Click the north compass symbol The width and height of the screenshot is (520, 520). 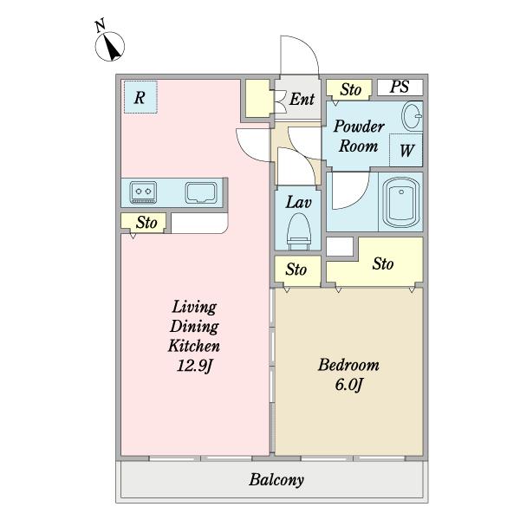tap(110, 47)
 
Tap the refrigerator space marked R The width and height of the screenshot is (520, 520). tap(140, 97)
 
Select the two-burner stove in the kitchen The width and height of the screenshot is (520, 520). tap(143, 192)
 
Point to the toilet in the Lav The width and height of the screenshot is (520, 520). tap(299, 231)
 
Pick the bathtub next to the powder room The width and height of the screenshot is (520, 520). tap(401, 202)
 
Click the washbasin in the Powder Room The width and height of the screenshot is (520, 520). tap(413, 116)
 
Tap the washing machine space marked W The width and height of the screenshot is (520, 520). tap(406, 150)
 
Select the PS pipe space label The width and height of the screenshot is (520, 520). tap(400, 87)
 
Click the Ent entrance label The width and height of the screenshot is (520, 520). tap(302, 99)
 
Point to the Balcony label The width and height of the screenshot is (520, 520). tap(276, 479)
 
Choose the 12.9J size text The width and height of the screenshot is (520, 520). tap(194, 366)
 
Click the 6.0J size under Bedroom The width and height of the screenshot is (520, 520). tap(348, 385)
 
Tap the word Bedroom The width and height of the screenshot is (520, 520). tap(348, 365)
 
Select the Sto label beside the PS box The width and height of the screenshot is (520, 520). tap(350, 89)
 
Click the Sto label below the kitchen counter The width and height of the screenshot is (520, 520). tap(146, 222)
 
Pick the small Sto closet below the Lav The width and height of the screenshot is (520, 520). tap(297, 270)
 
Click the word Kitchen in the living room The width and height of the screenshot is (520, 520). tap(194, 346)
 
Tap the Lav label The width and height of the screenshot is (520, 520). tap(298, 202)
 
